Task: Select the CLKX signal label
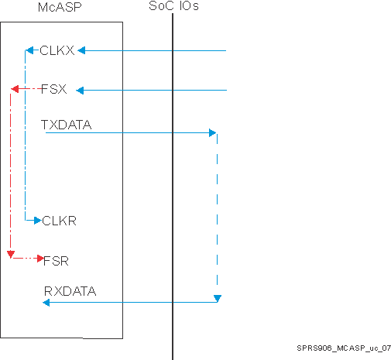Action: pos(57,51)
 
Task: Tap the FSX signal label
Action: pos(53,90)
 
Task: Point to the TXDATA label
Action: pos(67,123)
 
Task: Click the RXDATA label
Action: pos(70,291)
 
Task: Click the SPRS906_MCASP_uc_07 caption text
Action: pos(343,349)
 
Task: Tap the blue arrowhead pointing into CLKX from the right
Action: pos(81,51)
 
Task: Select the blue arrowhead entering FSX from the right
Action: pos(79,91)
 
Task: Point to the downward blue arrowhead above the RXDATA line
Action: pos(218,298)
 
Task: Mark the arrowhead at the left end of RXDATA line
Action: pos(46,303)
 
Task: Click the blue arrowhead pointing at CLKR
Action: pos(36,221)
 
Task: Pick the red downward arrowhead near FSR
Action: pos(9,254)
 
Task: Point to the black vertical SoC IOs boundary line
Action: pos(172,194)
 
